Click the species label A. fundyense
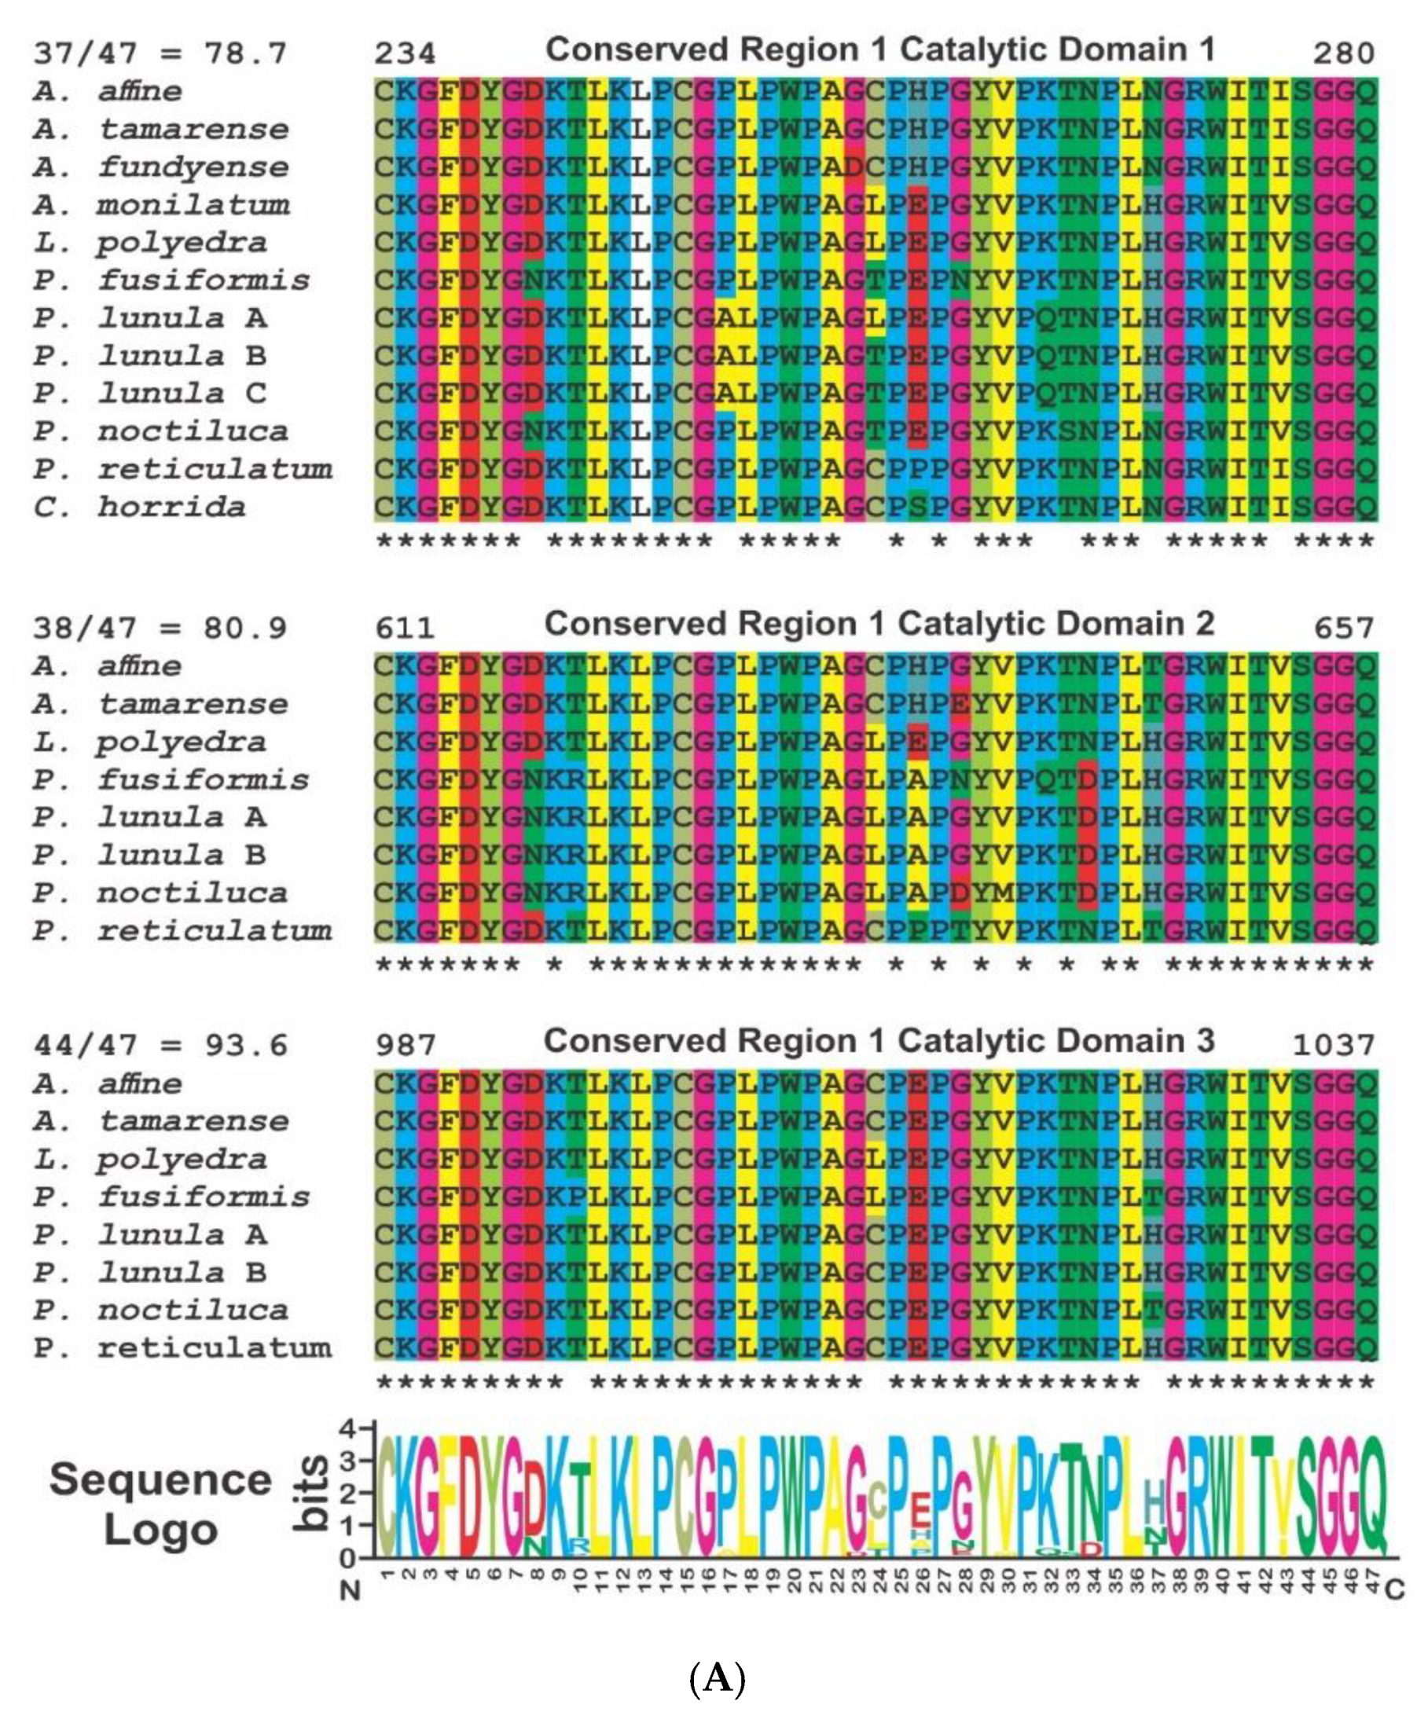(161, 167)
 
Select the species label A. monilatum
(161, 204)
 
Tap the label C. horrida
(139, 507)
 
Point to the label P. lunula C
(150, 394)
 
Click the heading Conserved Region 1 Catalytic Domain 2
(879, 625)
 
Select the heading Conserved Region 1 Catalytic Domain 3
(879, 1041)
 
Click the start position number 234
(406, 53)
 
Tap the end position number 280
(1344, 53)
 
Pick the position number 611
(406, 629)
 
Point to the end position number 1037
(1334, 1044)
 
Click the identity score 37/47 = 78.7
(160, 53)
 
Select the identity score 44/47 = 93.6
(160, 1045)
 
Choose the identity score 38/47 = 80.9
(160, 629)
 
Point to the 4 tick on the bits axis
(349, 1428)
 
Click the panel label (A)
(718, 1678)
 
